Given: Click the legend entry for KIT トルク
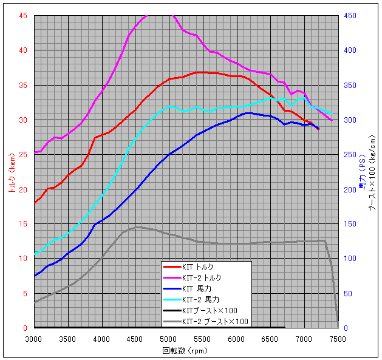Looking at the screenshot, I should click(x=197, y=267).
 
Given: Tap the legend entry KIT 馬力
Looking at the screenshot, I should click(x=197, y=289).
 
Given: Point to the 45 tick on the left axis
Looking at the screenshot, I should click(x=23, y=16).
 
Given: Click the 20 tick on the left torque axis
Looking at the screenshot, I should click(x=23, y=189).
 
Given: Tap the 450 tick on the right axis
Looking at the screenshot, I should click(x=350, y=16).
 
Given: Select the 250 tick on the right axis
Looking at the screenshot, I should click(x=350, y=155).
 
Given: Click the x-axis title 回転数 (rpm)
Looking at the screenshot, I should click(x=186, y=351).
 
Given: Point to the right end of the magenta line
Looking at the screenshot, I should click(x=332, y=120).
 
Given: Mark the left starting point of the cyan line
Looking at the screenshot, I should click(x=35, y=254).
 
